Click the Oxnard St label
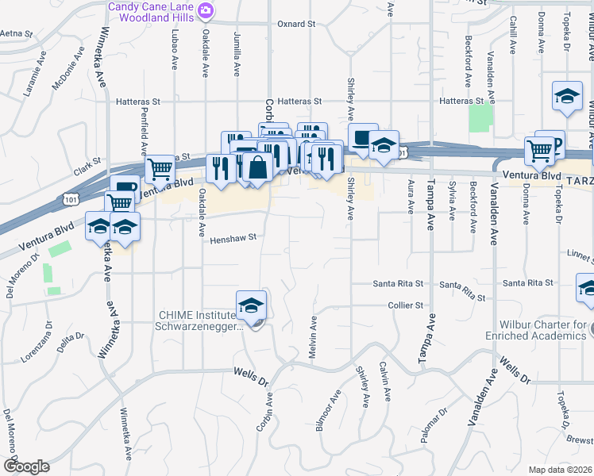click(x=296, y=24)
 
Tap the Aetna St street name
click(x=16, y=33)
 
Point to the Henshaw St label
click(x=234, y=236)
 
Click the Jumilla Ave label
click(x=237, y=54)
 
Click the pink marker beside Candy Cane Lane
click(x=206, y=10)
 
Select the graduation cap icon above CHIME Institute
click(x=251, y=305)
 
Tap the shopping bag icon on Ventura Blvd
click(x=259, y=167)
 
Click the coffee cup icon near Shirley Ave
click(x=363, y=137)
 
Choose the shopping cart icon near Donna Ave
click(x=540, y=150)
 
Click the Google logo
click(x=26, y=466)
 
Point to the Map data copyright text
click(x=561, y=469)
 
